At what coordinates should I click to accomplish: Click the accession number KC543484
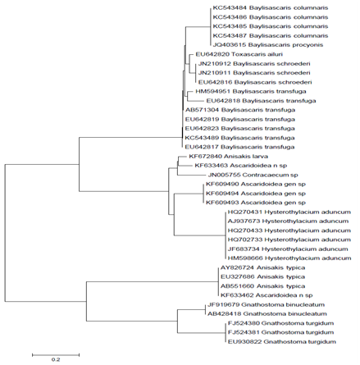click(x=230, y=8)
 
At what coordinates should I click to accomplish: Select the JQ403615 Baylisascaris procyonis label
click(x=268, y=45)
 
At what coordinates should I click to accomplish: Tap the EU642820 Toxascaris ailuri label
click(x=235, y=54)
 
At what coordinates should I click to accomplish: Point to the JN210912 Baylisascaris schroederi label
click(x=254, y=64)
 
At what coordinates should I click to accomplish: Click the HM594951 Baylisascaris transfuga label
click(x=251, y=91)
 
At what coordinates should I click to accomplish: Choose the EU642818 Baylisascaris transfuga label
click(x=261, y=101)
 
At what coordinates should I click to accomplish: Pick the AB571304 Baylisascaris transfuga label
click(x=240, y=110)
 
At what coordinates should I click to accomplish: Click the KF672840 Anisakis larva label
click(x=228, y=157)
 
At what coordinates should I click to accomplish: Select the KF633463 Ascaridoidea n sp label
click(x=241, y=166)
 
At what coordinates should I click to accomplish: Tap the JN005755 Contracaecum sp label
click(x=253, y=175)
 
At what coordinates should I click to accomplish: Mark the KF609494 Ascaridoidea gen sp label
click(x=256, y=194)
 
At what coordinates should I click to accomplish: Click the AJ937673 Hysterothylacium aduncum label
click(x=288, y=221)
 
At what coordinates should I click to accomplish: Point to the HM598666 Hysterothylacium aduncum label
click(x=289, y=258)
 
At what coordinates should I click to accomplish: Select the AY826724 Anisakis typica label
click(x=262, y=267)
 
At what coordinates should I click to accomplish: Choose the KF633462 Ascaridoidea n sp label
click(x=267, y=295)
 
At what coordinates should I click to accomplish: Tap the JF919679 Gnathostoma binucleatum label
click(x=266, y=304)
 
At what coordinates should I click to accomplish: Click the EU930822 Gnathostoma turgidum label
click(x=282, y=341)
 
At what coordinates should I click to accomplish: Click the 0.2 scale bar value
click(x=56, y=359)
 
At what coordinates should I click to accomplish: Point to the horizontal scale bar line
click(x=56, y=355)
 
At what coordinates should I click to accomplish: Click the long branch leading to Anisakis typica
click(x=153, y=281)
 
